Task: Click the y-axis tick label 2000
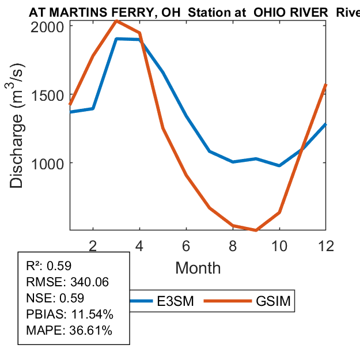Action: [x=48, y=26]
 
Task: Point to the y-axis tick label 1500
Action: [x=48, y=95]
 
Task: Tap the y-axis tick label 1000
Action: [x=48, y=163]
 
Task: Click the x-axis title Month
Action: [x=198, y=268]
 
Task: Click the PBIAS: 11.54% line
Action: [x=70, y=314]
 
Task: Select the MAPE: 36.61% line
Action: [x=69, y=331]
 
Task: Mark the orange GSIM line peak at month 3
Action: [x=116, y=21]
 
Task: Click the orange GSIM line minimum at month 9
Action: [x=256, y=230]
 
